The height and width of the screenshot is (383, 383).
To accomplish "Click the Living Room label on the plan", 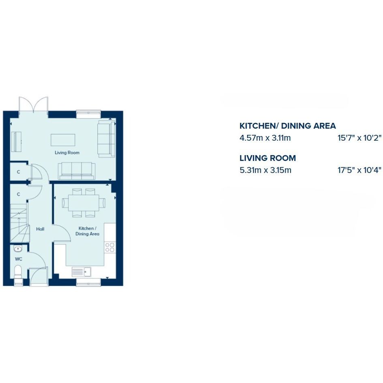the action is click(x=67, y=153).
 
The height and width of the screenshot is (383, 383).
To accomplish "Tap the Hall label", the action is click(x=40, y=229).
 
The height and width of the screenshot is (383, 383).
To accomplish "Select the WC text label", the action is click(x=19, y=259).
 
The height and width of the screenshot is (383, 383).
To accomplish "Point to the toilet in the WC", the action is click(x=18, y=272).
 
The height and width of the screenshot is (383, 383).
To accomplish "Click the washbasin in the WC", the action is click(x=18, y=249).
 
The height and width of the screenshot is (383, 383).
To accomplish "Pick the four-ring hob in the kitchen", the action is click(x=110, y=247).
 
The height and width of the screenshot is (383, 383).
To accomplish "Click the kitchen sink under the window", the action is click(x=81, y=272).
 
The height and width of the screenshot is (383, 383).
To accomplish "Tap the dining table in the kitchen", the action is click(x=84, y=203).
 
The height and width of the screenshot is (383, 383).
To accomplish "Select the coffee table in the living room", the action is click(x=63, y=140).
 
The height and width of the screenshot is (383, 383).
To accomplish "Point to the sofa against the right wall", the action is click(x=107, y=139).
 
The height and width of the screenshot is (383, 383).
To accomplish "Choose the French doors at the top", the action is click(x=33, y=104).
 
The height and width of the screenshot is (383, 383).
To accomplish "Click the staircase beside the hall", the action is click(x=19, y=223).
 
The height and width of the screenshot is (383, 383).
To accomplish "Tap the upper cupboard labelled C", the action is click(x=19, y=172).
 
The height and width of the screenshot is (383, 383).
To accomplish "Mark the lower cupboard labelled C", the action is click(x=19, y=195).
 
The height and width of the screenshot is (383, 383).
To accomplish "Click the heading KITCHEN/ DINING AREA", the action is click(x=287, y=126).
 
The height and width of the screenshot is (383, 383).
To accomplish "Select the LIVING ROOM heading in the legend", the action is click(x=267, y=158).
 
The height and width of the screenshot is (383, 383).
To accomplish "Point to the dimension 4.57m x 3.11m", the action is click(x=265, y=138).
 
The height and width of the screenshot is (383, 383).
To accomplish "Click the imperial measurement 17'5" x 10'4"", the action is click(x=359, y=170).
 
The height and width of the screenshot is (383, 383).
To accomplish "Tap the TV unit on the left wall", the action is click(x=16, y=142).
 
